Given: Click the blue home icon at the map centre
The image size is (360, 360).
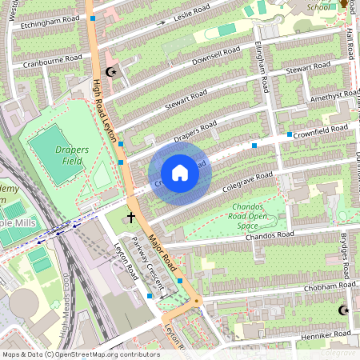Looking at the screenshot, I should (180, 173).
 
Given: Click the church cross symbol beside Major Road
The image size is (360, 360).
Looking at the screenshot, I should (130, 218).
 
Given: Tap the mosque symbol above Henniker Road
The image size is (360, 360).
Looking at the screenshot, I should (345, 310).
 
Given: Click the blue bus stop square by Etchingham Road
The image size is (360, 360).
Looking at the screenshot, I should (93, 17).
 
